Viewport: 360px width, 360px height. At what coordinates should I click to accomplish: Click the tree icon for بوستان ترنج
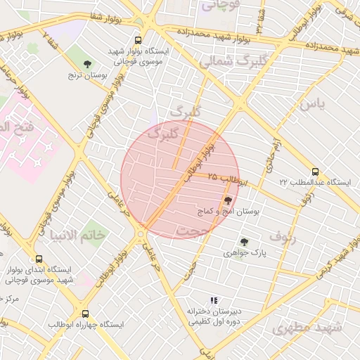point(87,64)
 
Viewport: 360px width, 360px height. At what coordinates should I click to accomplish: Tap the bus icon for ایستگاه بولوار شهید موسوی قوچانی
point(137,41)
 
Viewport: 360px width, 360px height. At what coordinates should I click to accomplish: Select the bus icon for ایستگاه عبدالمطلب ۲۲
point(314,172)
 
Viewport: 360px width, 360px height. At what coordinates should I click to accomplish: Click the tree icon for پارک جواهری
point(244,241)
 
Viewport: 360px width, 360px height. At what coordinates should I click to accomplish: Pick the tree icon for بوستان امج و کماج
point(227,200)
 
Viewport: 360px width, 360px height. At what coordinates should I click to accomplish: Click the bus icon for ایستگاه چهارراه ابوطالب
point(85,314)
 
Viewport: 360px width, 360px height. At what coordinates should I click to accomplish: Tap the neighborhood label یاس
point(313,105)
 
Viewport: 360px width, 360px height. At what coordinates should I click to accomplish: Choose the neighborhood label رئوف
point(283,236)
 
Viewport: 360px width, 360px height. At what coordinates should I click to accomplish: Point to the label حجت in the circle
point(194,231)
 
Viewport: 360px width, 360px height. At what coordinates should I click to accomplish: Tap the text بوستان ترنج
point(88,74)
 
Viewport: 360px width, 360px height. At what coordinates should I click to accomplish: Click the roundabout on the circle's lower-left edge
point(142,233)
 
